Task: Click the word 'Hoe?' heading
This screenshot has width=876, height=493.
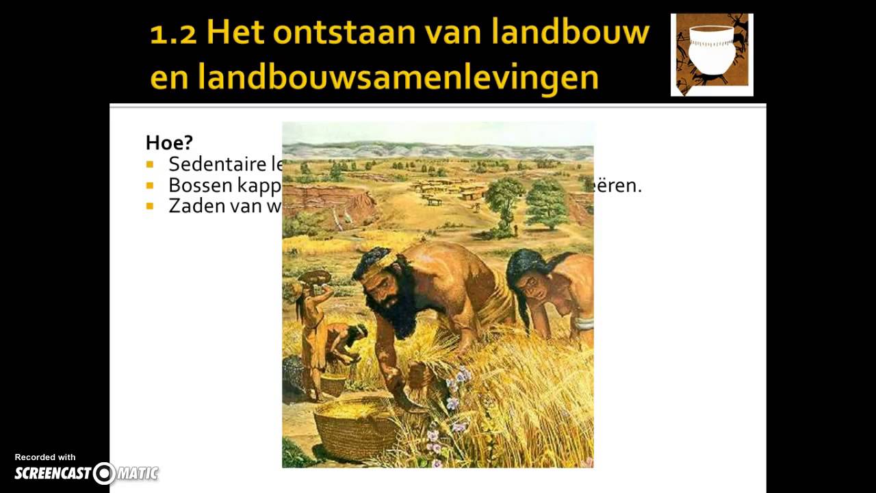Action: click(169, 142)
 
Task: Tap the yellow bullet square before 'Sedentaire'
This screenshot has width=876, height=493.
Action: click(150, 164)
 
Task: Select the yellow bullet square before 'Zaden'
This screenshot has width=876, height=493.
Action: click(150, 206)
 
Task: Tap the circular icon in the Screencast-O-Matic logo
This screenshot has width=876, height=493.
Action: click(104, 473)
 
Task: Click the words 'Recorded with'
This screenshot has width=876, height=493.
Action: click(45, 457)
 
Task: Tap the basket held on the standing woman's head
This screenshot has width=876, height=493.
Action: click(315, 276)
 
